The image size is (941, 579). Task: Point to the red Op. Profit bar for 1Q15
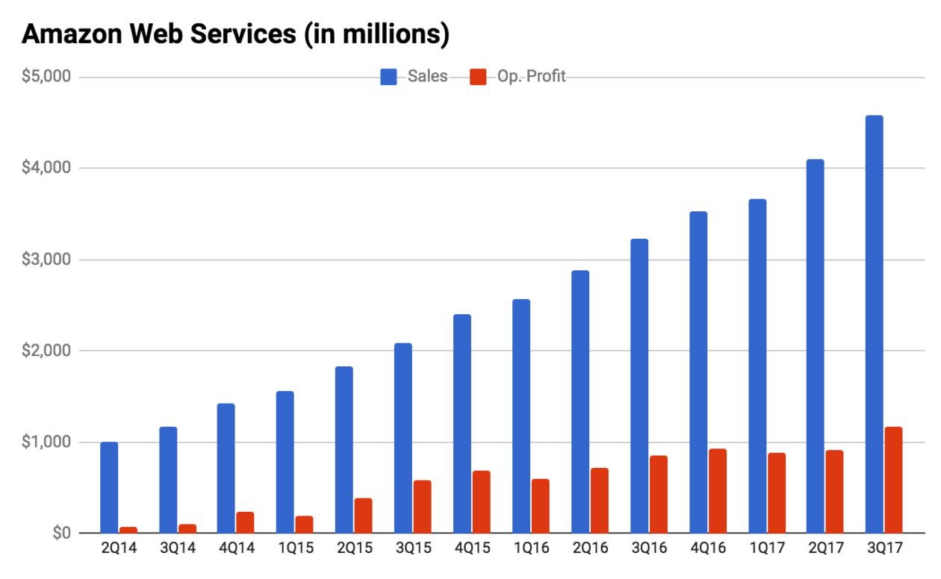pos(304,524)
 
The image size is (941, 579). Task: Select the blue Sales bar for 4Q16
pos(698,372)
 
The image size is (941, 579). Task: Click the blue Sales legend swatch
pos(388,77)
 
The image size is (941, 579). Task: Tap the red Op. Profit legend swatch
pos(478,77)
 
